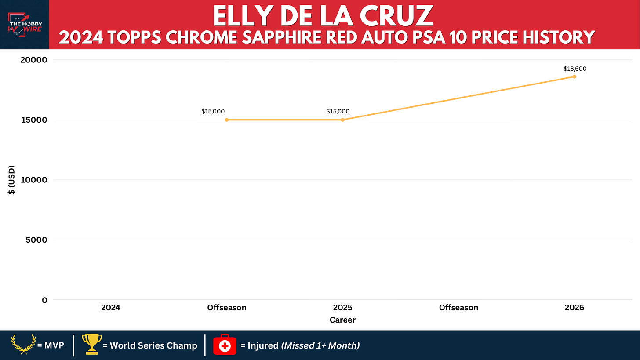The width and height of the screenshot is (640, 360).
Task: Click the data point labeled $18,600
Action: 574,76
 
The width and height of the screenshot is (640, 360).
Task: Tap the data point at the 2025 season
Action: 342,120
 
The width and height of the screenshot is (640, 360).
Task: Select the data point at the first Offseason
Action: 226,120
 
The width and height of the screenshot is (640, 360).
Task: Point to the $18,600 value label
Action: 575,69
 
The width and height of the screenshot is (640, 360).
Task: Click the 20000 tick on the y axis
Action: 34,60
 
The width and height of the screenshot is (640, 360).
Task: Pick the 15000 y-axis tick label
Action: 34,120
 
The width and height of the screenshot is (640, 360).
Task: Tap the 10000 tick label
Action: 34,180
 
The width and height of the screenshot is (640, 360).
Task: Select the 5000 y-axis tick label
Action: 36,240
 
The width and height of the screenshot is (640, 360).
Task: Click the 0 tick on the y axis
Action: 44,300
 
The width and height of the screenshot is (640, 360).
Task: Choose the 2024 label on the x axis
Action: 111,308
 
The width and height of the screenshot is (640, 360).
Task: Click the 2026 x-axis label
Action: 574,308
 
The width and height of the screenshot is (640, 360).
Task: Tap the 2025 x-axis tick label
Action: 342,308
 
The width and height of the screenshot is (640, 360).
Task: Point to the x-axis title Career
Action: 342,320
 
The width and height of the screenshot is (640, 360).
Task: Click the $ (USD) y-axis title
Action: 11,180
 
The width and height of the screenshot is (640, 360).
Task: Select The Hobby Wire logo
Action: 25,25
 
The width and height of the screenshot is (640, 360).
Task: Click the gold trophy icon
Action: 92,344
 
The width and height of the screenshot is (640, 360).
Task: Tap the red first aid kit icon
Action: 225,345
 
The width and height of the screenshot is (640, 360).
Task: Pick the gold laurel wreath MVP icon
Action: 23,345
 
